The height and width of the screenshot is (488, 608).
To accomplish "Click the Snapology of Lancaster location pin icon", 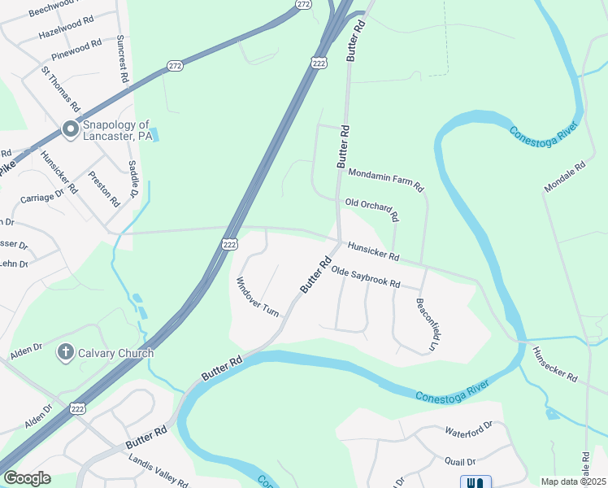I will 70,130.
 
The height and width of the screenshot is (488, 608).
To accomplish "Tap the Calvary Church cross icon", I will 65,353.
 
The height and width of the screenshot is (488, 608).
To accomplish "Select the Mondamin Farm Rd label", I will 386,180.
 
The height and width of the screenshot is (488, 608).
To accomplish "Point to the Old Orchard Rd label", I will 372,210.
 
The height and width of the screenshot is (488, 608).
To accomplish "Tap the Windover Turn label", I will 258,296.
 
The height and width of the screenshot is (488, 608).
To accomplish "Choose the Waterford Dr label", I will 469,428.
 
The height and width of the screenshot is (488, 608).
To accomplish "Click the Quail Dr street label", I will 460,461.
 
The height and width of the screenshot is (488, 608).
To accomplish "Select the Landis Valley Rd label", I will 159,469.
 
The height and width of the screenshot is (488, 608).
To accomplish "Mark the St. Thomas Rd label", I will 62,89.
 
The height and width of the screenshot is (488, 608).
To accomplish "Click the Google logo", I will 27,478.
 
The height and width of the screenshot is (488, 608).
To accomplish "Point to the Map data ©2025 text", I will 573,481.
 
